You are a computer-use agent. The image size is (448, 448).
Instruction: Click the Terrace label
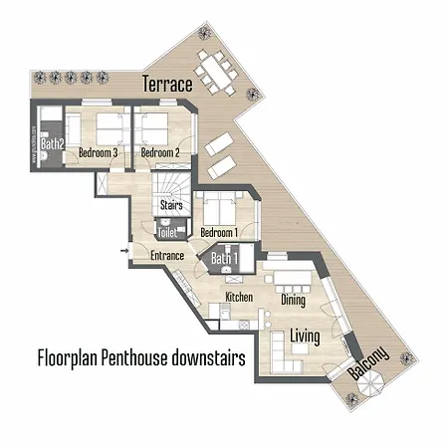(166, 85)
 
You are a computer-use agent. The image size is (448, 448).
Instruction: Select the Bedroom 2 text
(159, 153)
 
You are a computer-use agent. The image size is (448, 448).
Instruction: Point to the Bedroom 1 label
(218, 233)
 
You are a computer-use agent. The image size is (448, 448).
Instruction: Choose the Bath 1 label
(225, 260)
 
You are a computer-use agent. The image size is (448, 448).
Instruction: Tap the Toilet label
(165, 232)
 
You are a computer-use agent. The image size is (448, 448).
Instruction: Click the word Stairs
(169, 206)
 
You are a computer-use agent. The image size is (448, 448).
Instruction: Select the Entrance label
(166, 256)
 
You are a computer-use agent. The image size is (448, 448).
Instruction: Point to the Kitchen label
(239, 298)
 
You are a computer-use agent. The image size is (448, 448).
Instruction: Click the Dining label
(293, 299)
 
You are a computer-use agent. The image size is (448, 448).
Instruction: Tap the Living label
(305, 337)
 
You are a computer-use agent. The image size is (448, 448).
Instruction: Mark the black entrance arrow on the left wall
(123, 250)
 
